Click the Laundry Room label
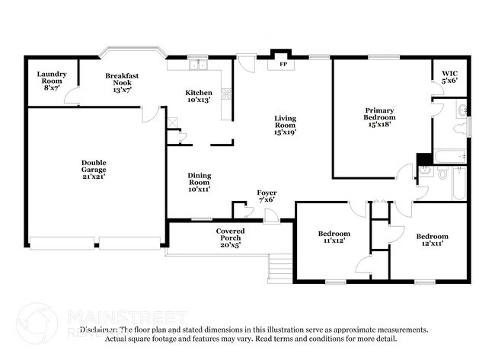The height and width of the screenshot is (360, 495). click(x=53, y=81)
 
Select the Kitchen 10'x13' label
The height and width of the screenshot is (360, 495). click(x=199, y=96)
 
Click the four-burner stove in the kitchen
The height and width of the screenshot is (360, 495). click(x=226, y=94)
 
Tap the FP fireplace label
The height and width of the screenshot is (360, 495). click(x=283, y=64)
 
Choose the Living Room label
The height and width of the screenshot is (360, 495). click(x=286, y=125)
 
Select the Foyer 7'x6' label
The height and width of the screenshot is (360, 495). click(x=266, y=195)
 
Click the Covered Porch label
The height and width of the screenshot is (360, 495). click(x=230, y=237)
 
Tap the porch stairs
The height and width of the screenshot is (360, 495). click(x=281, y=266)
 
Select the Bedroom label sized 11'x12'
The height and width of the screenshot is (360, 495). click(x=334, y=236)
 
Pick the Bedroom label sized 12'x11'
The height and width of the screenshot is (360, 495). click(x=432, y=239)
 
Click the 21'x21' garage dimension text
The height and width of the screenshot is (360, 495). click(x=94, y=176)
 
